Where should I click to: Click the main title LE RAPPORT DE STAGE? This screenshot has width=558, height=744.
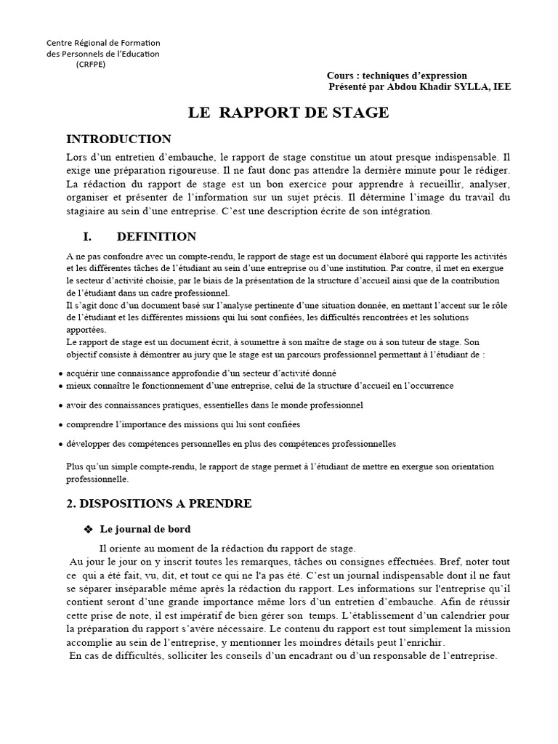tap(288, 113)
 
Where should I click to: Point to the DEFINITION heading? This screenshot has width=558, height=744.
tap(156, 237)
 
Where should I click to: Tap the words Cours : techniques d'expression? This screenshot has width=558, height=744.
tap(397, 76)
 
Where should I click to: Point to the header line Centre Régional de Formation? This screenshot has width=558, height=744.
tap(103, 43)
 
